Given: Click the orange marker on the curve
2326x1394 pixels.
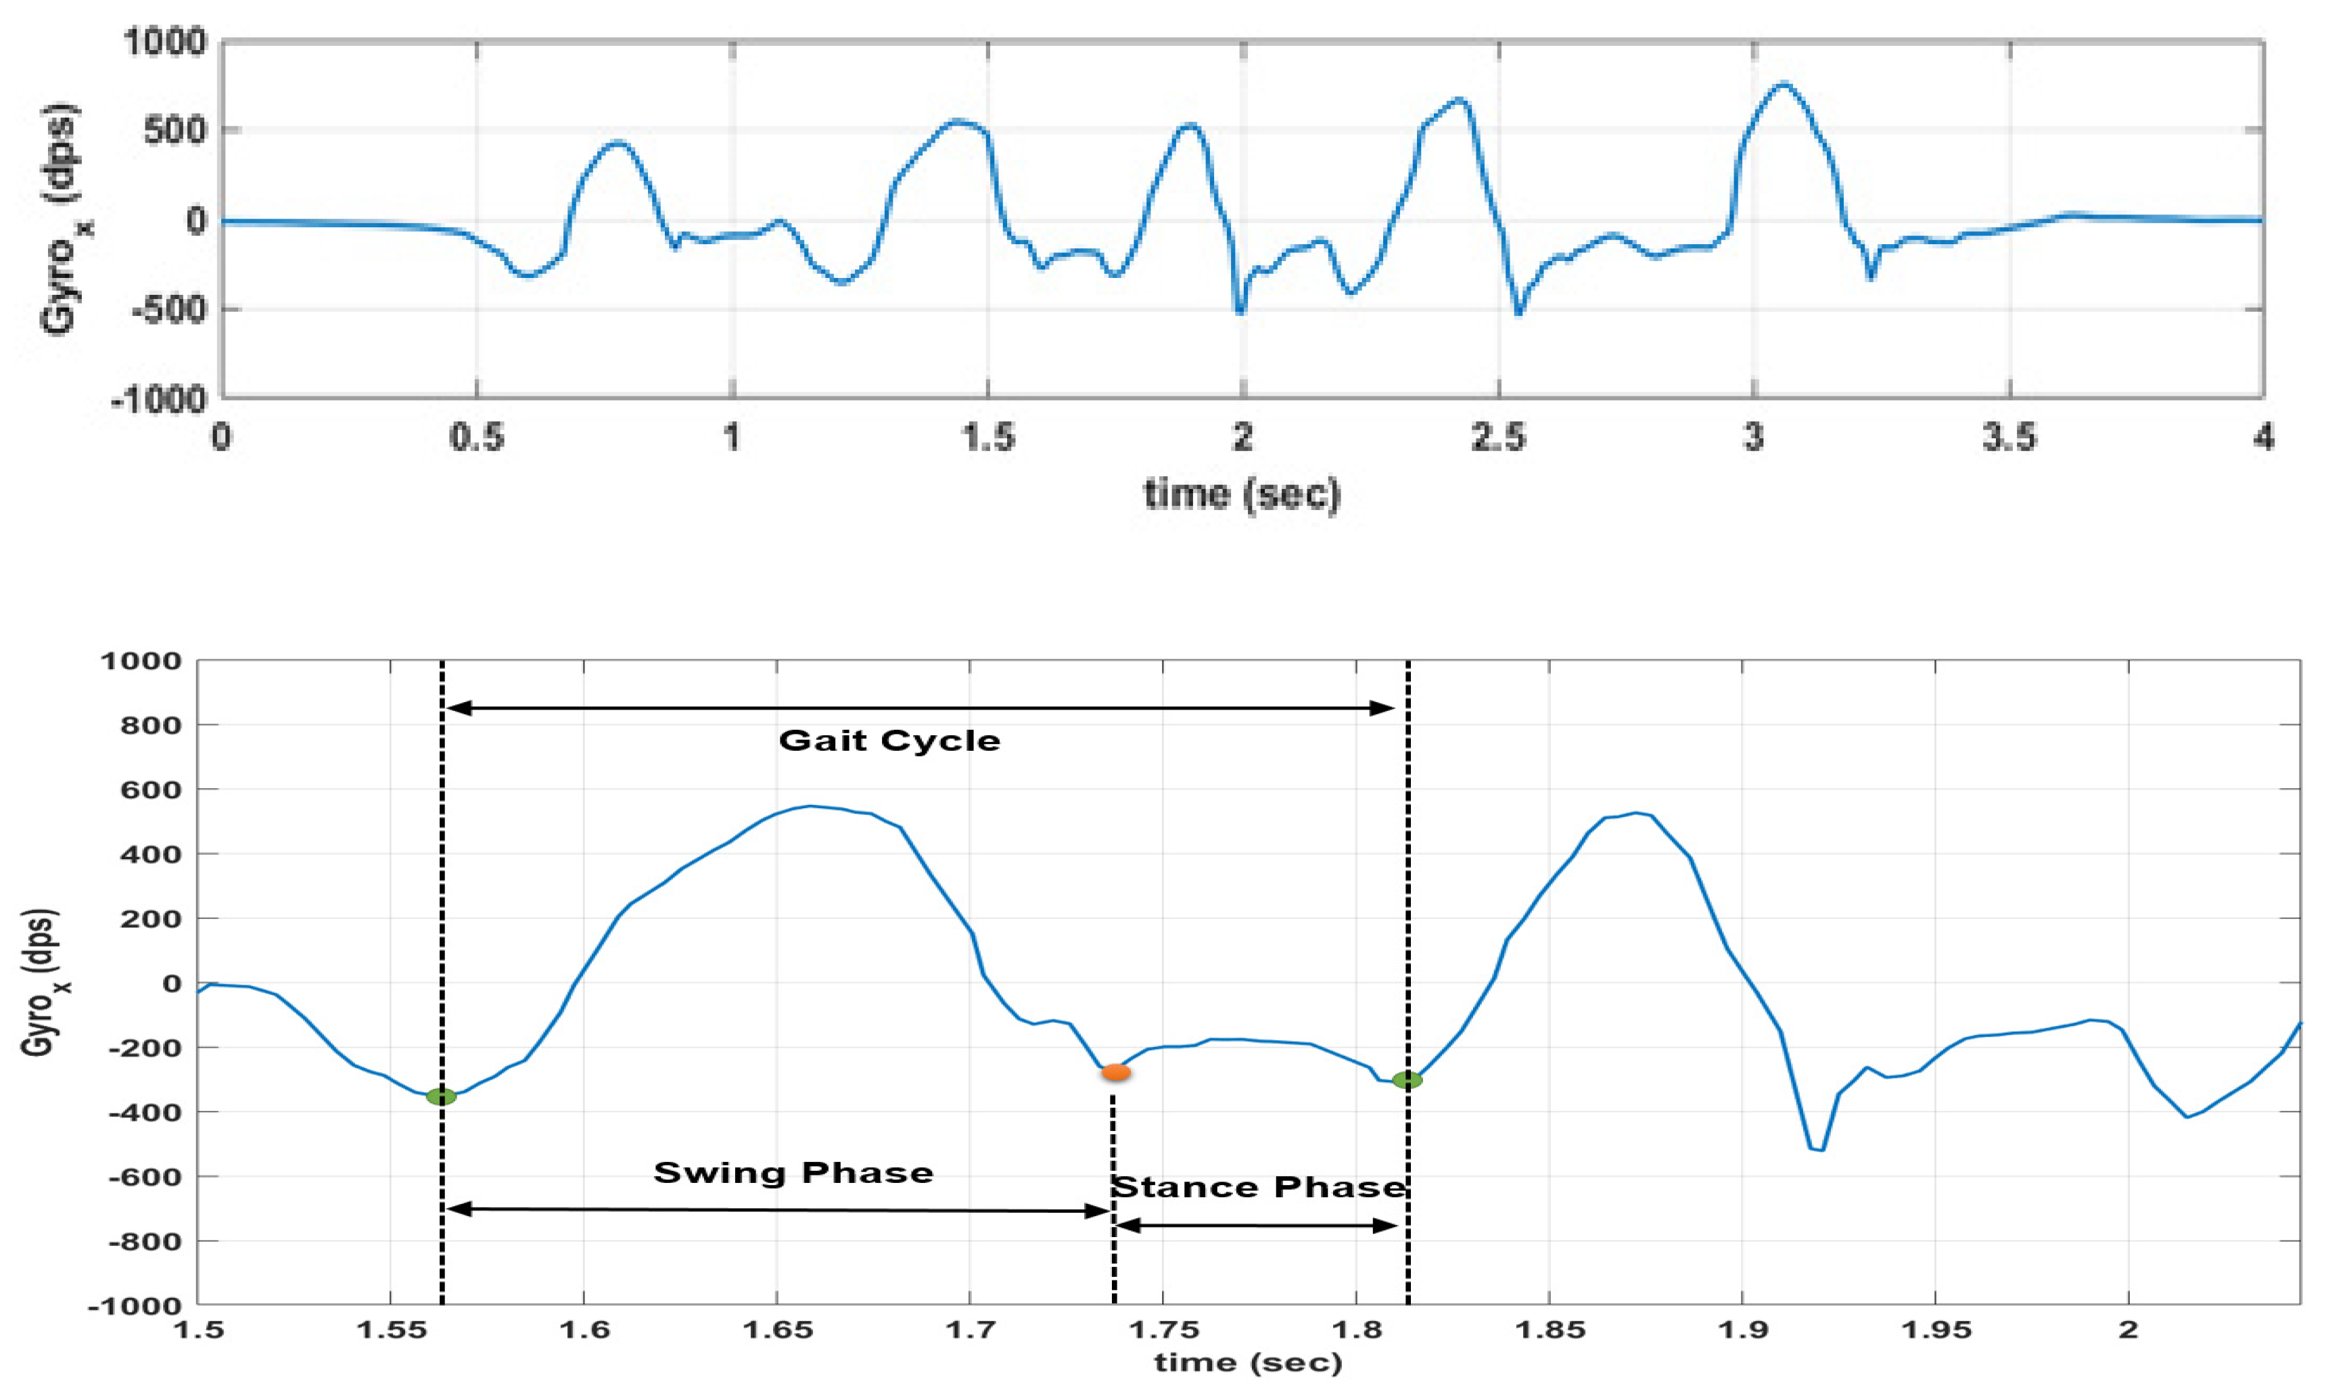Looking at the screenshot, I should coord(1115,1072).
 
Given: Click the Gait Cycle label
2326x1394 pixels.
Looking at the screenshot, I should coord(889,741).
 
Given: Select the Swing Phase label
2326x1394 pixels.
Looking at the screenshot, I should coord(793,1174).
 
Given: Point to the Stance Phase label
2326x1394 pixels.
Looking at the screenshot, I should coord(1258,1187).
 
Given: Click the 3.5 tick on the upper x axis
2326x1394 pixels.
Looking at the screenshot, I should coord(2009,438).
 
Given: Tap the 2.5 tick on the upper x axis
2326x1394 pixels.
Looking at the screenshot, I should coord(1499,438).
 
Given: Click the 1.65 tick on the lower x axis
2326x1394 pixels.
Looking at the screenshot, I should coord(778,1330).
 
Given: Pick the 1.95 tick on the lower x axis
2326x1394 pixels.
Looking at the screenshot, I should coord(1935,1330).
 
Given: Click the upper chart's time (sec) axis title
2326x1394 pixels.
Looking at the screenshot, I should coord(1241,494).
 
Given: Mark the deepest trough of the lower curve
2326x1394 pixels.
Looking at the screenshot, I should coord(1820,1150).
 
